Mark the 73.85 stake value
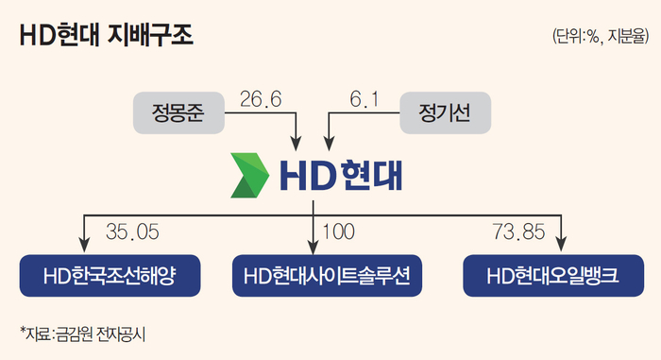pos(519,231)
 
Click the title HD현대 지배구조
pos(106,36)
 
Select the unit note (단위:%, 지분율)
pos(601,36)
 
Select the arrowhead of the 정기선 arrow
pos(329,143)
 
